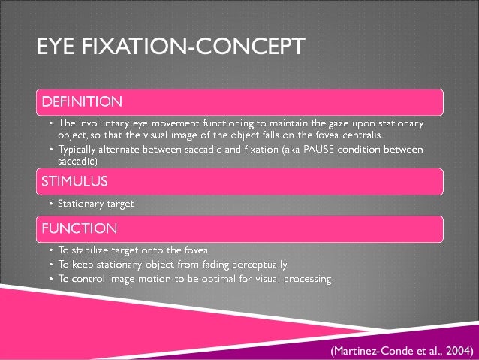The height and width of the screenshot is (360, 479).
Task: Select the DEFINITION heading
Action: tap(82, 100)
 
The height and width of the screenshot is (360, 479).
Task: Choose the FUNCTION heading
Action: tap(79, 227)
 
